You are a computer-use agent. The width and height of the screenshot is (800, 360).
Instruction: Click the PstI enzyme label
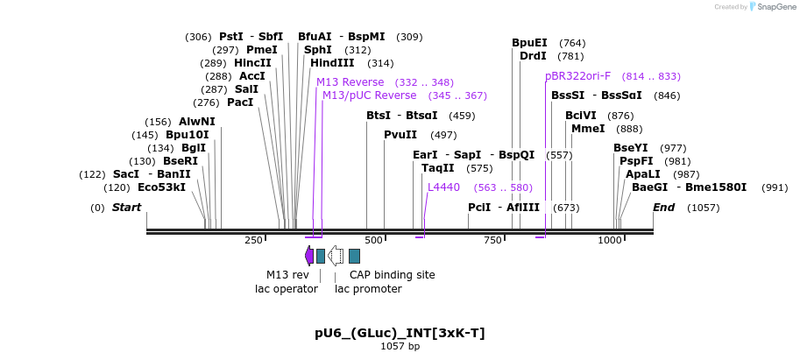click(x=231, y=37)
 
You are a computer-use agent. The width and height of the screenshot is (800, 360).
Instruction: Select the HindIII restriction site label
click(x=332, y=63)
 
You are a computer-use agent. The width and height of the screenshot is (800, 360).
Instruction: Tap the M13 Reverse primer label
click(x=350, y=82)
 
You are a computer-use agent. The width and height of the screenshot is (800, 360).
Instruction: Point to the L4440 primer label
click(x=443, y=187)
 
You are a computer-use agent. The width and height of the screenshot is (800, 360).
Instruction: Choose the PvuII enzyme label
click(x=400, y=135)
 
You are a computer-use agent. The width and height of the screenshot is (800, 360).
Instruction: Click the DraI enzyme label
click(x=533, y=56)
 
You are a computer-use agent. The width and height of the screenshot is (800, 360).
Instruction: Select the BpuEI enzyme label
click(x=529, y=43)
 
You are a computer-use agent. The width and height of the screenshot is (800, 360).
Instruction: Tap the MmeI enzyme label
click(x=588, y=129)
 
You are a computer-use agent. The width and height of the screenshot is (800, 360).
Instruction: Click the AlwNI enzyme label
click(x=196, y=122)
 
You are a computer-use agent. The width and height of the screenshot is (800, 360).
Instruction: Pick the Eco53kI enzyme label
click(x=161, y=187)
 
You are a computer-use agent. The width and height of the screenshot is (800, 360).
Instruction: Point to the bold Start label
click(x=126, y=208)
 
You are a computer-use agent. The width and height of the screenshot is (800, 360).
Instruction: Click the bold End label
click(x=663, y=208)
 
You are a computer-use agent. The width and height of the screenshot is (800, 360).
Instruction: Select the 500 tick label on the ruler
click(x=374, y=240)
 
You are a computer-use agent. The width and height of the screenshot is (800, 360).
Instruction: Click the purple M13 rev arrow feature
click(x=309, y=256)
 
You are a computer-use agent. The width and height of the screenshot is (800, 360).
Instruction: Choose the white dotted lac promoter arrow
click(x=336, y=256)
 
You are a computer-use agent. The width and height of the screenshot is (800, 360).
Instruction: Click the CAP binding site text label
click(x=392, y=275)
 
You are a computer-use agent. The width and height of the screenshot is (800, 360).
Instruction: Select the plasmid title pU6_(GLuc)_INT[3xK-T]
click(x=400, y=334)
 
